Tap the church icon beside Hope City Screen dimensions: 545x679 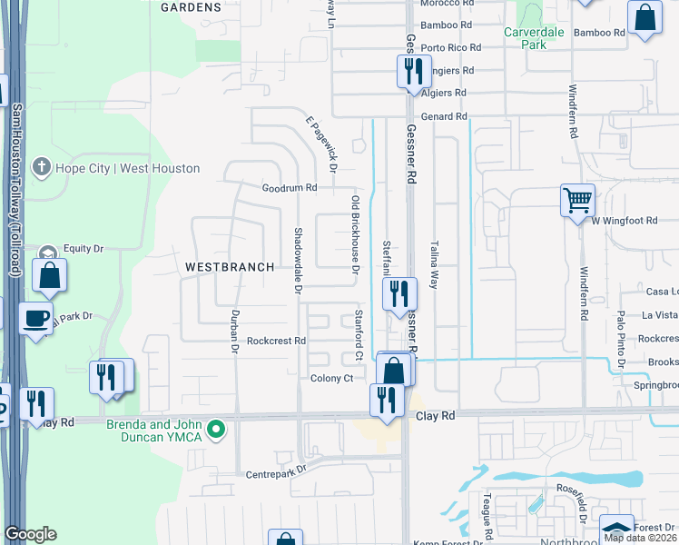40,167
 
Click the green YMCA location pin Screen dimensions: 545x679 216,428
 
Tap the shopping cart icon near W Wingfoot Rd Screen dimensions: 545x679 577,199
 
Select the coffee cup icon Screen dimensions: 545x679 36,318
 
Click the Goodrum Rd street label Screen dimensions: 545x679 289,188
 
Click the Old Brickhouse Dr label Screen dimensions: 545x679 355,234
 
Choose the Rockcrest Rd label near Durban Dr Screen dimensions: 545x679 276,341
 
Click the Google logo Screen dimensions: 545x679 30,533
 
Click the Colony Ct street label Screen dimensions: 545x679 330,379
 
